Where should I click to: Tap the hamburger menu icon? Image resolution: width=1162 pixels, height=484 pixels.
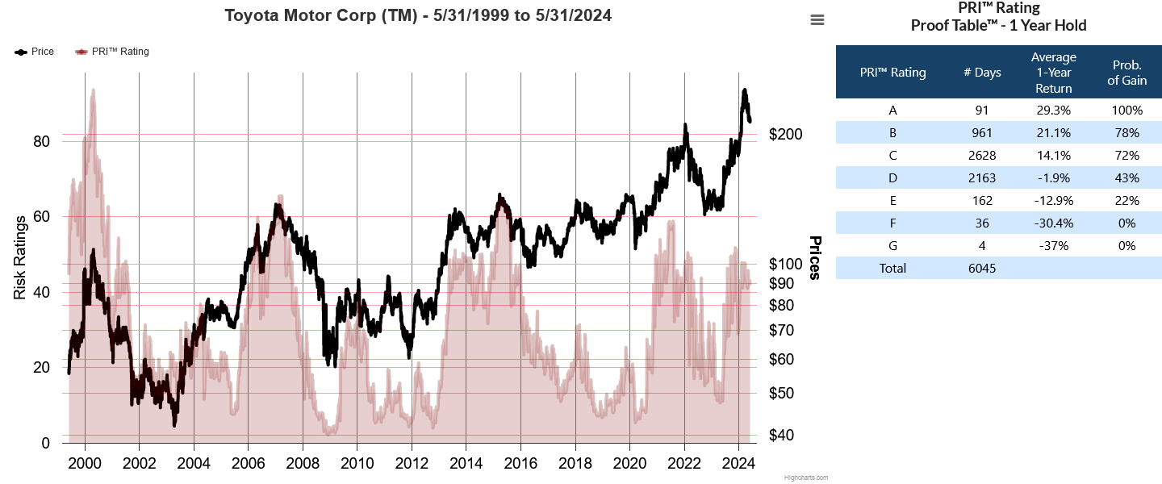click(x=817, y=20)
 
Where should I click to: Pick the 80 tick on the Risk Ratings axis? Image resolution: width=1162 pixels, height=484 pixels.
click(x=40, y=141)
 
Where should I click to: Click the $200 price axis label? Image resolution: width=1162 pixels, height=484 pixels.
click(x=786, y=134)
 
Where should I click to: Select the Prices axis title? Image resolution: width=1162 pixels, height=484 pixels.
click(x=815, y=258)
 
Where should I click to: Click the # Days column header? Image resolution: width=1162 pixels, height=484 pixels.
click(x=982, y=73)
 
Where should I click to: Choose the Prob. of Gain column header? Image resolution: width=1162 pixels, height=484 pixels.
click(x=1126, y=73)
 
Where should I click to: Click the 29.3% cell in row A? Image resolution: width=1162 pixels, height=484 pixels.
click(x=1054, y=111)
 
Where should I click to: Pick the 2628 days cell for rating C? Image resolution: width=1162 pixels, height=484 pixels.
click(x=982, y=156)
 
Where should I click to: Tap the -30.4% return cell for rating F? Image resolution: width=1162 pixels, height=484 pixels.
click(x=1054, y=223)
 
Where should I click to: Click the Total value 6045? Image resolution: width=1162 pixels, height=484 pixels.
click(x=982, y=269)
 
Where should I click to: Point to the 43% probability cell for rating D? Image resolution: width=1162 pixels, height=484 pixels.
click(x=1126, y=178)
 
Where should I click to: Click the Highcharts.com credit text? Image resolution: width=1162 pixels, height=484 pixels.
click(x=805, y=478)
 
